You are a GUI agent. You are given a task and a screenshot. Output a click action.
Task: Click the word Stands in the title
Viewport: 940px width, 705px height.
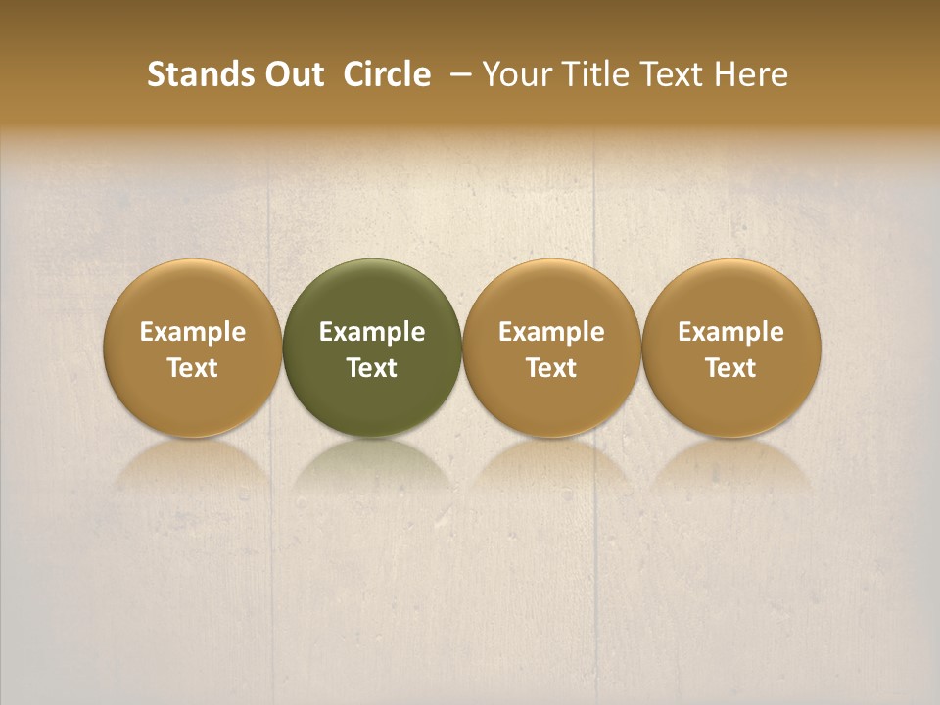tap(191, 74)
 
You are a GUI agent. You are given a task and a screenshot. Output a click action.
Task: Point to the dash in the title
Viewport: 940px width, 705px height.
tap(456, 74)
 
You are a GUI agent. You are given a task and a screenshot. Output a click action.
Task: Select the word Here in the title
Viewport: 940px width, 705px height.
tap(751, 74)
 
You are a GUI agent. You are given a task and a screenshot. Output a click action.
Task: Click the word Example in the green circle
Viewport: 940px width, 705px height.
tap(372, 332)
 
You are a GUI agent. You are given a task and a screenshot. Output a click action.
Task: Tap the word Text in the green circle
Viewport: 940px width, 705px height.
tap(372, 368)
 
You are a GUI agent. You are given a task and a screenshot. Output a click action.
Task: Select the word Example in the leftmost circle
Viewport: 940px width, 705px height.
tap(193, 332)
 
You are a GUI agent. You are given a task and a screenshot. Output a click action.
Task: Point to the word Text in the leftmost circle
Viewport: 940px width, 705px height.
tap(193, 368)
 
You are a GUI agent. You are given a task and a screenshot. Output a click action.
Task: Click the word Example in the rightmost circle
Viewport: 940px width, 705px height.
tap(731, 332)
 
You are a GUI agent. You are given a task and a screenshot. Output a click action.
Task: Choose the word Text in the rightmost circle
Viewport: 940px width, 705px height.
tap(731, 368)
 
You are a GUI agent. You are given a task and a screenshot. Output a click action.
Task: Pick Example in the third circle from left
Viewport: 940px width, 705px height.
tap(551, 332)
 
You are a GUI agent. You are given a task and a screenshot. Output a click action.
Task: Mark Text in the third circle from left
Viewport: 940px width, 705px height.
tap(551, 368)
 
